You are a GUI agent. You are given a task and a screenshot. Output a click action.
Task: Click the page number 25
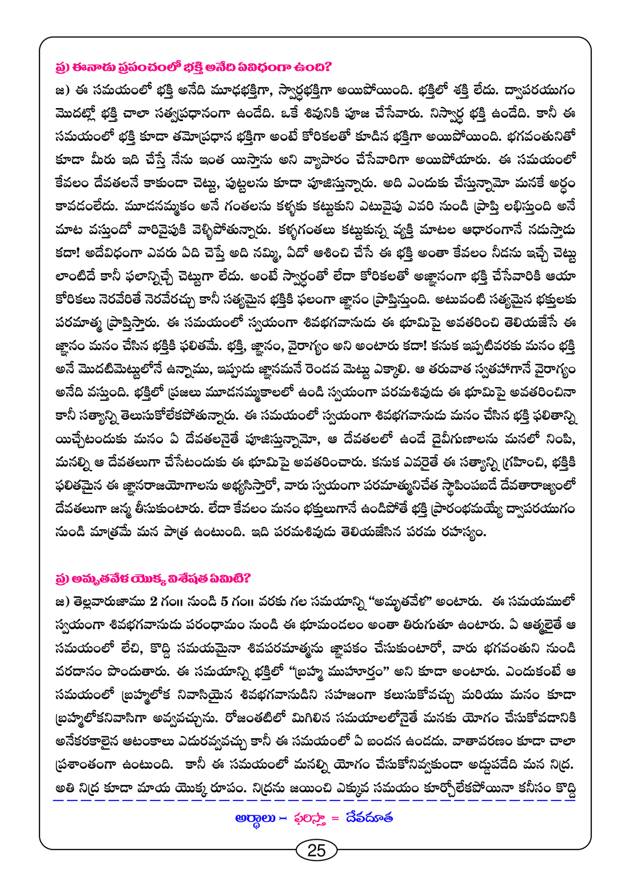(316, 850)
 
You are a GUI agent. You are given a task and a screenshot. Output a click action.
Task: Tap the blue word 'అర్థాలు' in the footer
(256, 818)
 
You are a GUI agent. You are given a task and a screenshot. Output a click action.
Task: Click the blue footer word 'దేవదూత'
(369, 818)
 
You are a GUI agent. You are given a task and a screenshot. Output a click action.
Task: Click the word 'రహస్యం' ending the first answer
(457, 532)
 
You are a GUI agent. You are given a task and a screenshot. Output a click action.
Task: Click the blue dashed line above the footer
(314, 800)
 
